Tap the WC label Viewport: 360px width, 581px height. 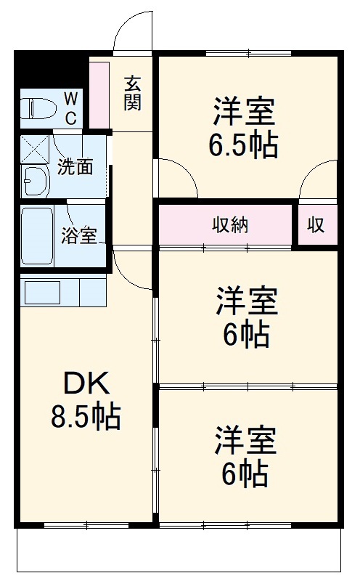pyautogui.click(x=73, y=108)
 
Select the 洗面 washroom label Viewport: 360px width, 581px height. pyautogui.click(x=75, y=167)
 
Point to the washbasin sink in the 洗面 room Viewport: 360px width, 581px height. pyautogui.click(x=34, y=180)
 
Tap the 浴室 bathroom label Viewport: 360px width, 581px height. pyautogui.click(x=79, y=236)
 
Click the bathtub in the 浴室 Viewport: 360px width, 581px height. pyautogui.click(x=37, y=235)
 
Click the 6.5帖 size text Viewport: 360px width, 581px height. pyautogui.click(x=243, y=146)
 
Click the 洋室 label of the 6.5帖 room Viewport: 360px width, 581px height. pyautogui.click(x=243, y=113)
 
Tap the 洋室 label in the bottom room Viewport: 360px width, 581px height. pyautogui.click(x=245, y=441)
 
